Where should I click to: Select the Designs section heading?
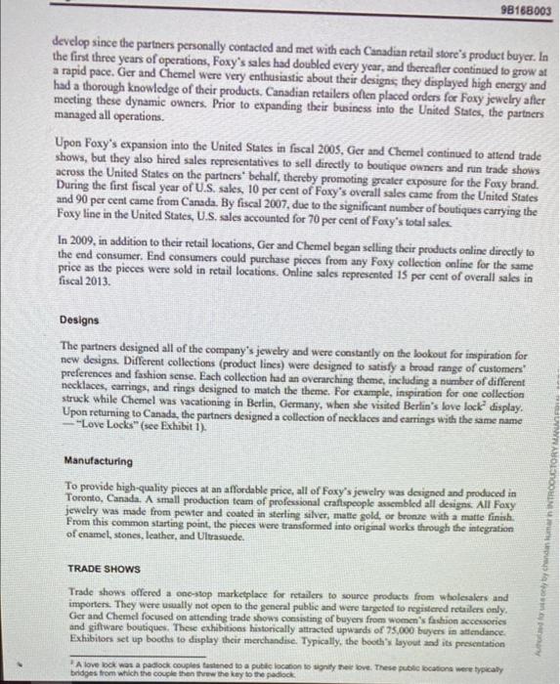coord(78,320)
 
